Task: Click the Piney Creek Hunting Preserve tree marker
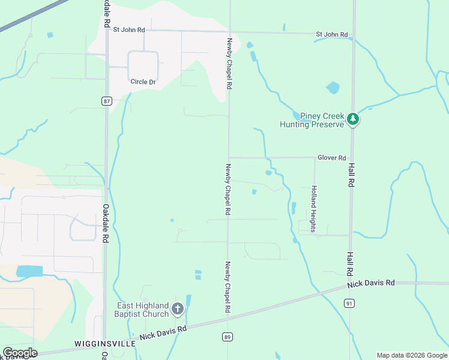(x=354, y=120)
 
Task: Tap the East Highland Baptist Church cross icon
(x=177, y=309)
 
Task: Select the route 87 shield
(x=106, y=101)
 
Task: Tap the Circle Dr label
(x=143, y=82)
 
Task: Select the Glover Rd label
(x=332, y=158)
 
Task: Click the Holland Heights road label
(x=313, y=205)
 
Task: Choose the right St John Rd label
(x=332, y=35)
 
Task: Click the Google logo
(x=20, y=353)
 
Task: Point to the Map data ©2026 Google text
(x=411, y=355)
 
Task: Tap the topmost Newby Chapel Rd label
(x=229, y=64)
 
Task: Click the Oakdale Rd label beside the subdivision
(x=105, y=223)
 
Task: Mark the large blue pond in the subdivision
(x=29, y=271)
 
